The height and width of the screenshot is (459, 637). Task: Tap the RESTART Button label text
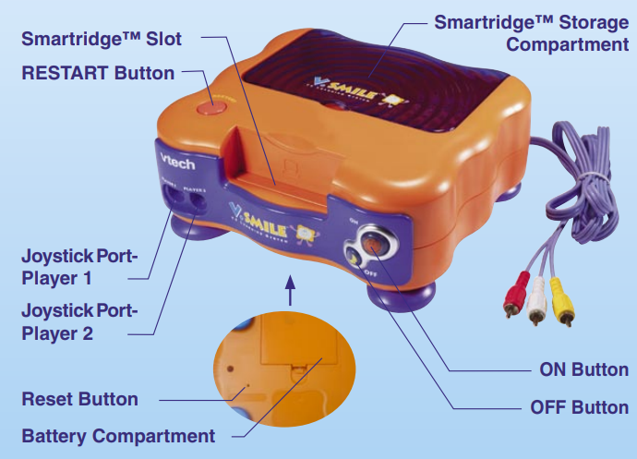point(98,72)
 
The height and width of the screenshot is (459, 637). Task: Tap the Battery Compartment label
point(118,435)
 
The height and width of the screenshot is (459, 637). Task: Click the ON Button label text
point(584,369)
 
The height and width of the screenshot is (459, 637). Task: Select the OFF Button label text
point(580,407)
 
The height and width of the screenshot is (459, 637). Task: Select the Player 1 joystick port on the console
point(173,196)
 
